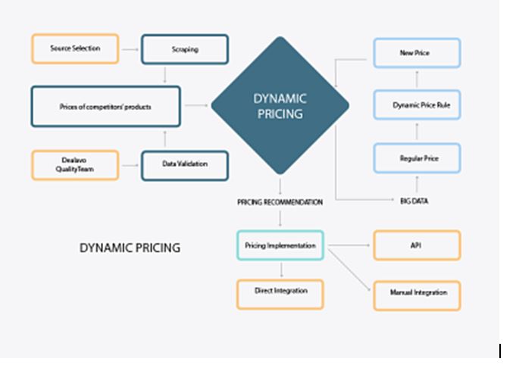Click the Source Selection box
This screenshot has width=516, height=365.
point(75,48)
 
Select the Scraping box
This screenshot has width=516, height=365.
point(185,49)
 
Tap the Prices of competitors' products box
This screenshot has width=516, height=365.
point(105,107)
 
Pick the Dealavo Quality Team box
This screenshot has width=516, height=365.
point(75,165)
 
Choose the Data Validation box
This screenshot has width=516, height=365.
point(185,166)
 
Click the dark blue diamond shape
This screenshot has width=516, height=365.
point(280,105)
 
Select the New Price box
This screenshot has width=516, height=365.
point(417,53)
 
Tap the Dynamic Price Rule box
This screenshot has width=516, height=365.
point(417,105)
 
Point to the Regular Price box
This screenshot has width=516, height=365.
point(417,158)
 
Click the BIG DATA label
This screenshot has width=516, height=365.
point(414,201)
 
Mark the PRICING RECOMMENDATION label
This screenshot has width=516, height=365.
point(280,202)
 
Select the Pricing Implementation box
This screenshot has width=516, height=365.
point(280,245)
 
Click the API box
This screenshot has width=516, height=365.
point(417,245)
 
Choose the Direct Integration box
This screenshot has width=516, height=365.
point(280,295)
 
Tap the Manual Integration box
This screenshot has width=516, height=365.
point(417,295)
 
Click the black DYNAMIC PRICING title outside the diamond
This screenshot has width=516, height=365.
point(130,248)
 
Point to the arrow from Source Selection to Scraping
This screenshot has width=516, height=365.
point(130,50)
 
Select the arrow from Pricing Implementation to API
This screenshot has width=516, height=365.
point(349,245)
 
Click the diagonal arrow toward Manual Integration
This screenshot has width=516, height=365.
point(349,270)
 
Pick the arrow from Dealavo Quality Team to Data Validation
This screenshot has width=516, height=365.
point(130,165)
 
